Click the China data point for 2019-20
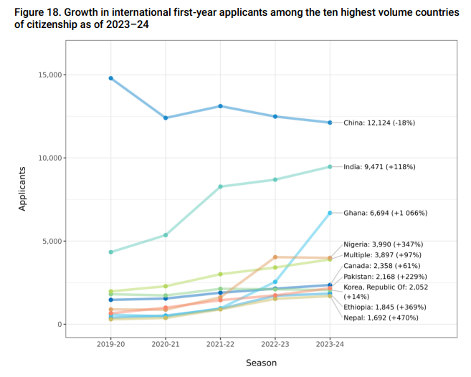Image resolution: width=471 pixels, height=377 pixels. pyautogui.click(x=111, y=78)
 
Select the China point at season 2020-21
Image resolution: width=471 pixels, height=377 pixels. pyautogui.click(x=166, y=118)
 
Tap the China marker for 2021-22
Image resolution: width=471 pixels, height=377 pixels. pyautogui.click(x=221, y=106)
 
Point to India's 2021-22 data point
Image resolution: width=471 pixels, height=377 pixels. pyautogui.click(x=221, y=186)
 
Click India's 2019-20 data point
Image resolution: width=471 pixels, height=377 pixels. pyautogui.click(x=111, y=252)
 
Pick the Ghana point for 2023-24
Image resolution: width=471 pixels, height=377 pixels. pyautogui.click(x=330, y=213)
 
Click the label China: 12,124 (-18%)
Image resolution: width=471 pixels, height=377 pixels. pyautogui.click(x=379, y=123)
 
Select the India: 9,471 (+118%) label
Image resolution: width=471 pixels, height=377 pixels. pyautogui.click(x=379, y=167)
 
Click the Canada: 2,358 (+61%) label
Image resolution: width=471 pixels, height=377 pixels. pyautogui.click(x=381, y=265)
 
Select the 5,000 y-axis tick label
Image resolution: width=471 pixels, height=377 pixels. pyautogui.click(x=50, y=242)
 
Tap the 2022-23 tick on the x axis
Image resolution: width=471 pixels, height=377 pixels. pyautogui.click(x=275, y=343)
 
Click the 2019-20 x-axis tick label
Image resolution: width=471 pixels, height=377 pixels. pyautogui.click(x=111, y=343)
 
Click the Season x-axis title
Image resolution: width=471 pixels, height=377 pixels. pyautogui.click(x=261, y=363)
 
